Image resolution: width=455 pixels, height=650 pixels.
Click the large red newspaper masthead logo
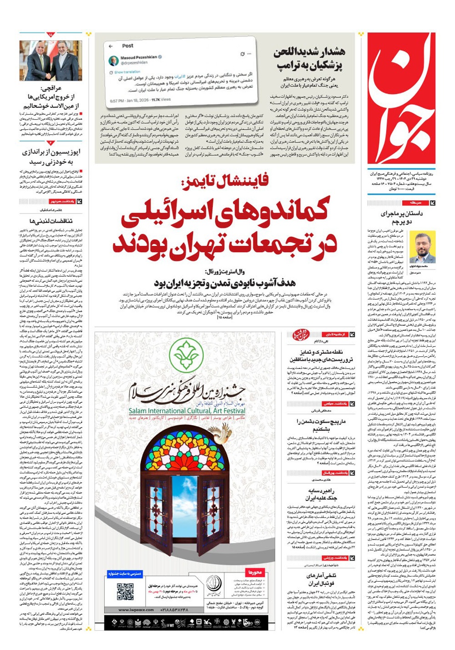[x=401, y=98]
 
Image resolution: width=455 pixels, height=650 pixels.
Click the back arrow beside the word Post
[x=111, y=46]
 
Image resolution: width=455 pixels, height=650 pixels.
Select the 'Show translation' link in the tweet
[x=127, y=72]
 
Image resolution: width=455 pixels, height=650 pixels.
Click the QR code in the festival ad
[x=125, y=591]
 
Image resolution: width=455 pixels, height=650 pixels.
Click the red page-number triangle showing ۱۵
[x=50, y=34]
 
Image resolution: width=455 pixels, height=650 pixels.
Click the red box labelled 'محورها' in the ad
[x=254, y=572]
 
